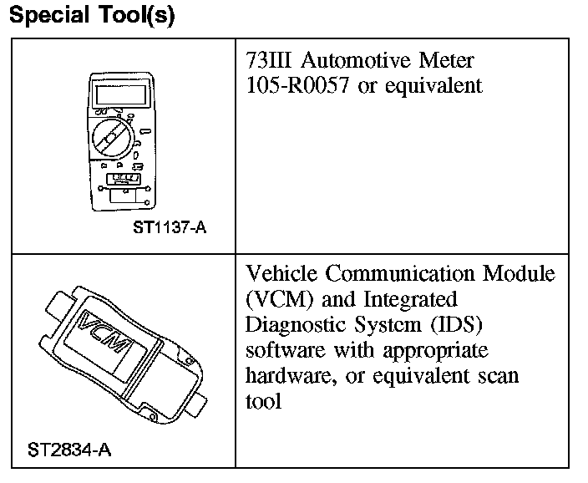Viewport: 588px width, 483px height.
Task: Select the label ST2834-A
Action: click(69, 450)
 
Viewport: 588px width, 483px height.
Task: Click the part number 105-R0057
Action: click(299, 86)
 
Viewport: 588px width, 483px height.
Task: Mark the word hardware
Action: click(286, 375)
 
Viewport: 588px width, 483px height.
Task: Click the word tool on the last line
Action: click(263, 400)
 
